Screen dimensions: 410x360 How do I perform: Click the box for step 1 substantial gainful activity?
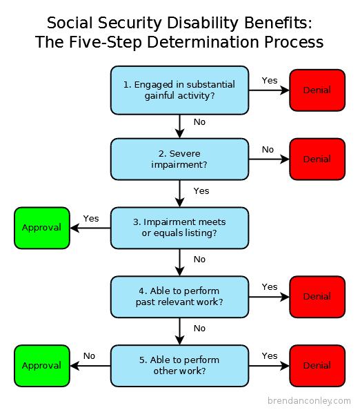pos(179,90)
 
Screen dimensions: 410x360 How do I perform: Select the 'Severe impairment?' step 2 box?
pos(179,159)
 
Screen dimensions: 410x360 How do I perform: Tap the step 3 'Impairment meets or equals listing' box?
pos(179,228)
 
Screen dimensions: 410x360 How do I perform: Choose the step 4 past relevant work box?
pos(179,297)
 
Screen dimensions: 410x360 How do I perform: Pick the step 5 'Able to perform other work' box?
pos(179,366)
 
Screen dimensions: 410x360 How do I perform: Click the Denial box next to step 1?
pos(317,90)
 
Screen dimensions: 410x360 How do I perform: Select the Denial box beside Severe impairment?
pos(317,159)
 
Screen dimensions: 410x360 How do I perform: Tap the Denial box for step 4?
pos(317,297)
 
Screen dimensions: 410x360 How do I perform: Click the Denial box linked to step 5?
pos(317,366)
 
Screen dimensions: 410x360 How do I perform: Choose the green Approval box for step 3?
pos(41,228)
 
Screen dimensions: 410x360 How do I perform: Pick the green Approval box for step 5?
pos(41,366)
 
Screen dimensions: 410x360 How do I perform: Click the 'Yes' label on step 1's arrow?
pos(269,80)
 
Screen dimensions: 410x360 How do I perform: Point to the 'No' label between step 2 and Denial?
pos(268,149)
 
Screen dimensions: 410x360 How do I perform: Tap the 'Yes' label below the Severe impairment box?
pos(201,191)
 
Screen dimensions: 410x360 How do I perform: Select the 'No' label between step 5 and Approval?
pos(89,356)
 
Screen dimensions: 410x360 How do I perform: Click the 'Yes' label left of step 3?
pos(91,218)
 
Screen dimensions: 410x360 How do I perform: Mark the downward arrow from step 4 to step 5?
pos(179,331)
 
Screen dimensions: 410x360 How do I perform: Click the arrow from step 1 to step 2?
pos(179,126)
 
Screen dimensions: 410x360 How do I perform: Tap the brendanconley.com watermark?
pos(308,400)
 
